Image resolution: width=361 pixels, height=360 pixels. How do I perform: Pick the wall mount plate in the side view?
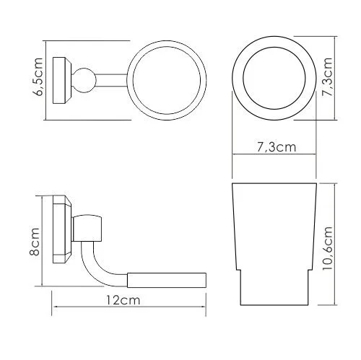click(x=62, y=229)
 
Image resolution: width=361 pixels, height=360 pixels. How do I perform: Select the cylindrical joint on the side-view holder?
click(x=92, y=227)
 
